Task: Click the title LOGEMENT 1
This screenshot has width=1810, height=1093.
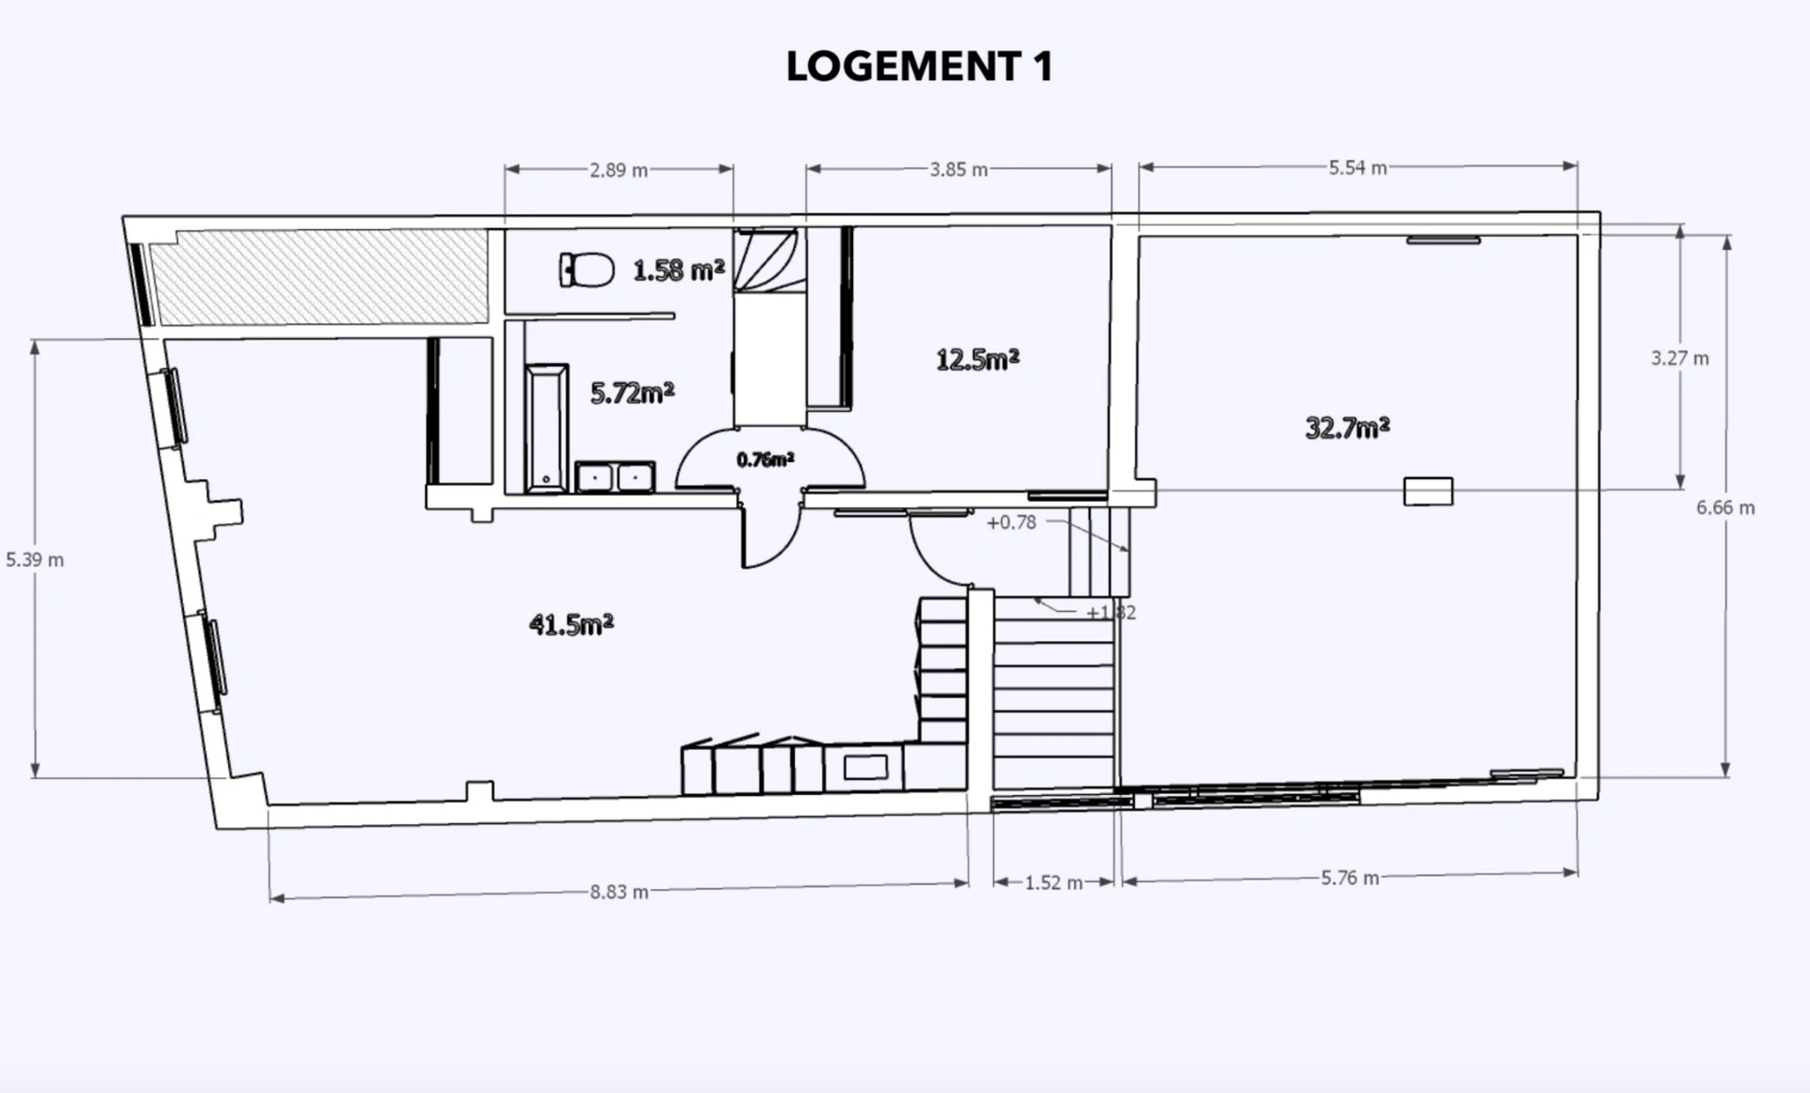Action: click(x=919, y=66)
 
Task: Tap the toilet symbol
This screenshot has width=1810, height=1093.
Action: click(x=586, y=270)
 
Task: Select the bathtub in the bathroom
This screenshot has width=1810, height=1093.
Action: click(x=547, y=428)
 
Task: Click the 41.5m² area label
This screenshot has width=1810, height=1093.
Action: click(x=571, y=624)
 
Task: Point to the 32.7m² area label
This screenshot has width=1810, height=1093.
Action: click(x=1347, y=428)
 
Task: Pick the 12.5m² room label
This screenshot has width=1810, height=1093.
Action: click(x=978, y=359)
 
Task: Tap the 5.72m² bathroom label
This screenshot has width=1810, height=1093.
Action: click(x=633, y=393)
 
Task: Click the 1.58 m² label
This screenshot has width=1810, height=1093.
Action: click(x=679, y=271)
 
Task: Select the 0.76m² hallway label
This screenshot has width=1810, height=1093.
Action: click(x=765, y=459)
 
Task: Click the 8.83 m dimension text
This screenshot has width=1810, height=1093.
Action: click(x=619, y=892)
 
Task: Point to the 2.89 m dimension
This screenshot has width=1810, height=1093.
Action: click(x=619, y=171)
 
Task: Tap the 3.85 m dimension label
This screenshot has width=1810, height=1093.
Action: click(x=959, y=170)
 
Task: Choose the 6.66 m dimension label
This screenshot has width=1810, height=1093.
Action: click(x=1726, y=507)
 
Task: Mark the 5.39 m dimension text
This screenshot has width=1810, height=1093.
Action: click(x=35, y=559)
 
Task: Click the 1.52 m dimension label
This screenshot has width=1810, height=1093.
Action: click(x=1054, y=883)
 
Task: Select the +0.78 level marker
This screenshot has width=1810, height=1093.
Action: click(x=1012, y=522)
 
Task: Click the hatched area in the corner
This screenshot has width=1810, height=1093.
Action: click(x=319, y=276)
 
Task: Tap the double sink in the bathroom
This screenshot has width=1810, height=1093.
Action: click(x=616, y=477)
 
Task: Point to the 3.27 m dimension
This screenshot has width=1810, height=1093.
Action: click(x=1680, y=358)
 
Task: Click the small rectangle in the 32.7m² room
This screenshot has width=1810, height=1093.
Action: click(x=1428, y=491)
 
